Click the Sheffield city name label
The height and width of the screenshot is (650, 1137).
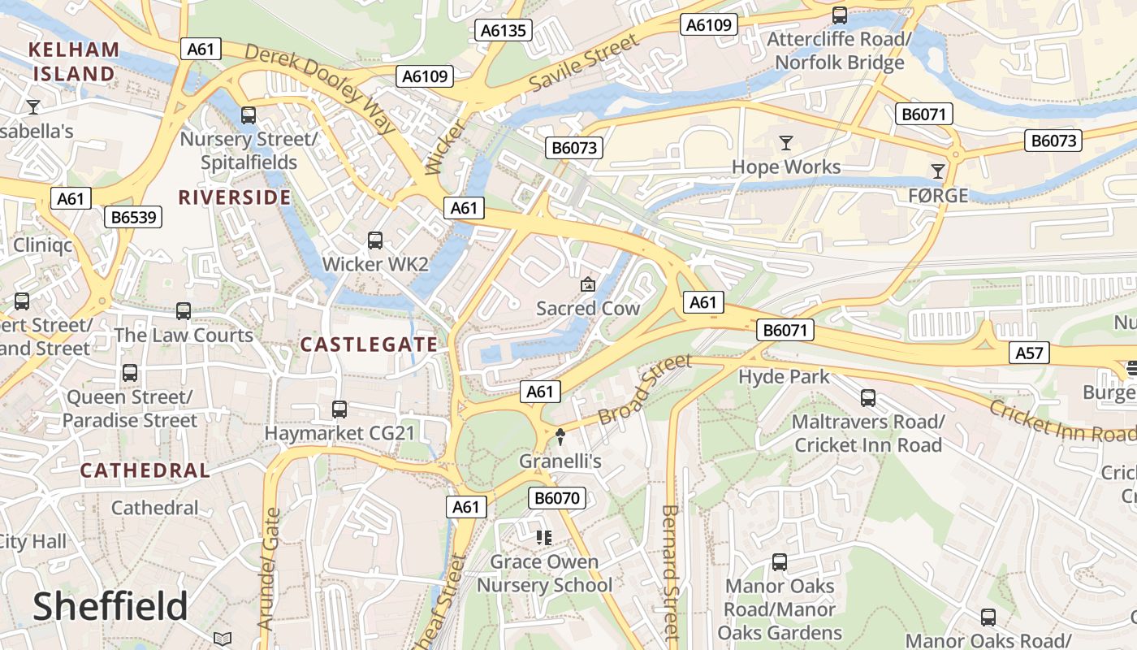point(110,607)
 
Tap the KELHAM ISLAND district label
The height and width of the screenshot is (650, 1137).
point(74,62)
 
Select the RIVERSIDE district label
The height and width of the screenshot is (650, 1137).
point(235,197)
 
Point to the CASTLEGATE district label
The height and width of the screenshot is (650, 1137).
point(370,344)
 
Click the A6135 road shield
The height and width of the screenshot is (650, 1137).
point(504,31)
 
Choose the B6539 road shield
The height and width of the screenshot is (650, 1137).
point(133,217)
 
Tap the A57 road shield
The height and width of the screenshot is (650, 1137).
point(1029,353)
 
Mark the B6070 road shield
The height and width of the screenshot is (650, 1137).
point(557,498)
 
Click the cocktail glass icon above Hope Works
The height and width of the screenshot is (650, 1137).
point(785,144)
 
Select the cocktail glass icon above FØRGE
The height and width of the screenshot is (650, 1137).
point(938,171)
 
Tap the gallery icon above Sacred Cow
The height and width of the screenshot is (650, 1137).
point(587,284)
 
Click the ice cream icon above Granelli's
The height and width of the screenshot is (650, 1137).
point(560,437)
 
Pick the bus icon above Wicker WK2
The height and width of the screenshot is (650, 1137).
point(374,240)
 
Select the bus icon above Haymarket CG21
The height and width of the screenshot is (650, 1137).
point(339,409)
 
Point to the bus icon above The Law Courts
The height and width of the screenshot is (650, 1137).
point(184,311)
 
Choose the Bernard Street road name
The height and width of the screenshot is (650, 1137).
point(670,573)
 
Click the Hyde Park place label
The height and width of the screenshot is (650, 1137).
point(784,377)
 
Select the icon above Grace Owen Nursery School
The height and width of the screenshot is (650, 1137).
point(544,538)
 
